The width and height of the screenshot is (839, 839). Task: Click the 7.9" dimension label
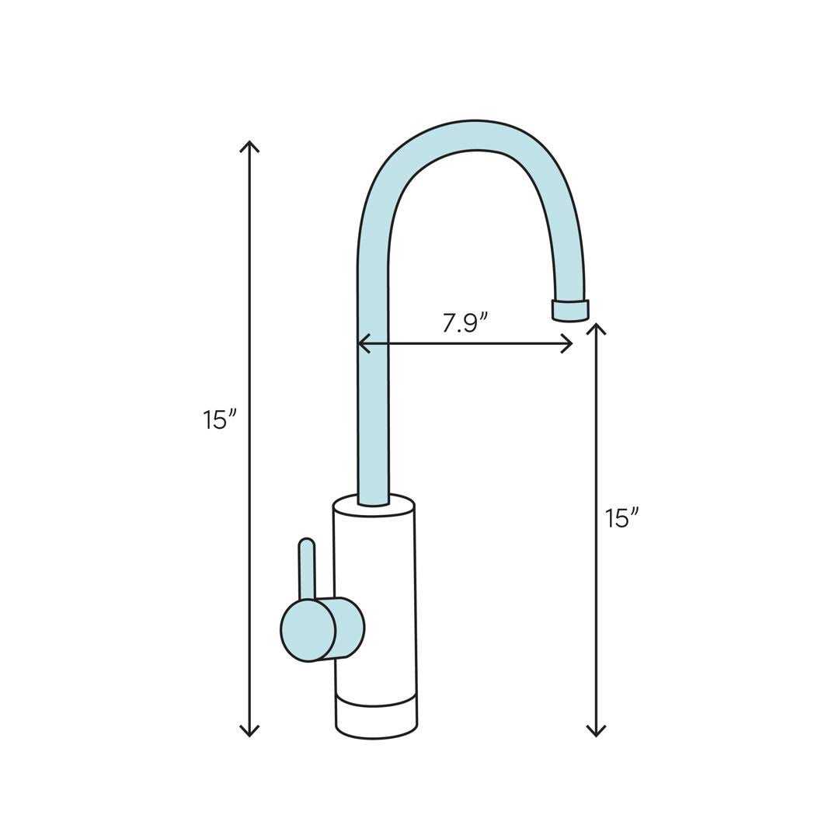click(465, 322)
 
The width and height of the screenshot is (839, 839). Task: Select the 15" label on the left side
click(218, 419)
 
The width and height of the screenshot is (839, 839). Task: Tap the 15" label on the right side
click(621, 517)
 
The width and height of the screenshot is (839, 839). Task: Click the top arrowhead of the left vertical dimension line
click(249, 145)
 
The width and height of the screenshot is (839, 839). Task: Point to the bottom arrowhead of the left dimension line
click(249, 732)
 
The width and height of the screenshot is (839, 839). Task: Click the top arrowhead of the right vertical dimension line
click(596, 328)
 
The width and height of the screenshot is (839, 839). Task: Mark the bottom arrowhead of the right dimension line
click(596, 732)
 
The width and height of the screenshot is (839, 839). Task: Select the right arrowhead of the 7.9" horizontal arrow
click(568, 343)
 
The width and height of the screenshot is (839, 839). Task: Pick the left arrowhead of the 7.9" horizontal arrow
click(362, 343)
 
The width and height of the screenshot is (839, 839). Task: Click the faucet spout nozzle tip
click(570, 311)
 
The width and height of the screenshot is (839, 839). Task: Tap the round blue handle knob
click(308, 630)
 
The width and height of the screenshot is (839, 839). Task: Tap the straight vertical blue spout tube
click(373, 388)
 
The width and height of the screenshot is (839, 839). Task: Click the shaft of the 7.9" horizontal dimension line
click(466, 343)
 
